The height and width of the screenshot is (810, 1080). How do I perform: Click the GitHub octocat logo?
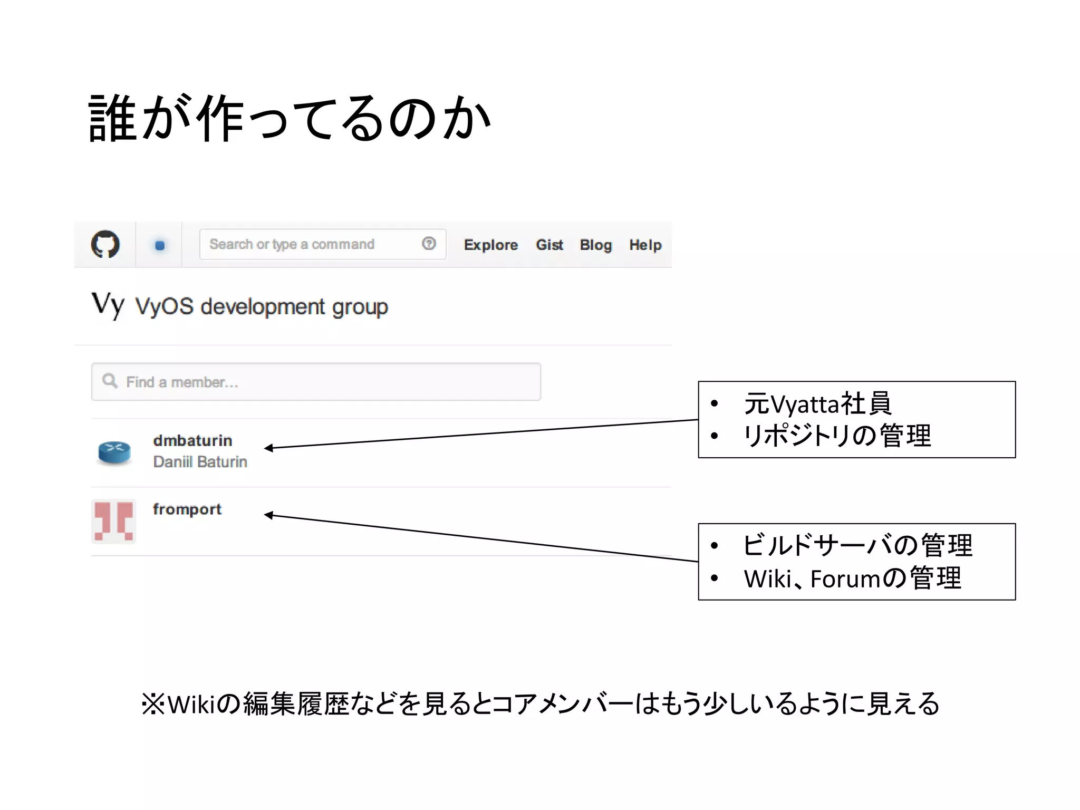click(105, 244)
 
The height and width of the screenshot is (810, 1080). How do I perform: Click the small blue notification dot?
click(160, 245)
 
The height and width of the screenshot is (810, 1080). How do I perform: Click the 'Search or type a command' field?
click(306, 244)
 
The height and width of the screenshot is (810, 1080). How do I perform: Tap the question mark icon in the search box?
click(429, 244)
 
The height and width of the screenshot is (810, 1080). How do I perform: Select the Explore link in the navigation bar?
click(490, 245)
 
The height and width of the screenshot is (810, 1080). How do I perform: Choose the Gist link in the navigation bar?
click(549, 245)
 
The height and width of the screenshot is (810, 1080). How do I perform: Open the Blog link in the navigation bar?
click(595, 245)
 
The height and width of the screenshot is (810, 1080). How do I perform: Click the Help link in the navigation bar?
click(645, 245)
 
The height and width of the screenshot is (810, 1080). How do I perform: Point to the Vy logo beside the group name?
click(108, 305)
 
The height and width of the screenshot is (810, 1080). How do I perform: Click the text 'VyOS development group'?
click(262, 307)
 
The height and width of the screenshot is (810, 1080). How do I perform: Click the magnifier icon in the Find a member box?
click(110, 381)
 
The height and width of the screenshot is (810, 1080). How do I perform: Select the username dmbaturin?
click(192, 440)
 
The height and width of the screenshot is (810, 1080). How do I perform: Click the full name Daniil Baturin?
click(200, 462)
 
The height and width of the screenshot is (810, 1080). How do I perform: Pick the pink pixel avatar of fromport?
click(114, 521)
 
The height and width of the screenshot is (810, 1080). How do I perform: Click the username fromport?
click(187, 509)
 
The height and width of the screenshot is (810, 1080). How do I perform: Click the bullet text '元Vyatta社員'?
click(817, 404)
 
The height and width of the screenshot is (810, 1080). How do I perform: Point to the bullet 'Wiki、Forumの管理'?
click(852, 578)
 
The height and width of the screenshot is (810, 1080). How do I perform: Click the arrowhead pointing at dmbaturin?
click(268, 448)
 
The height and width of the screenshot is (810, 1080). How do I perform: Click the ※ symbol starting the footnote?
click(153, 704)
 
